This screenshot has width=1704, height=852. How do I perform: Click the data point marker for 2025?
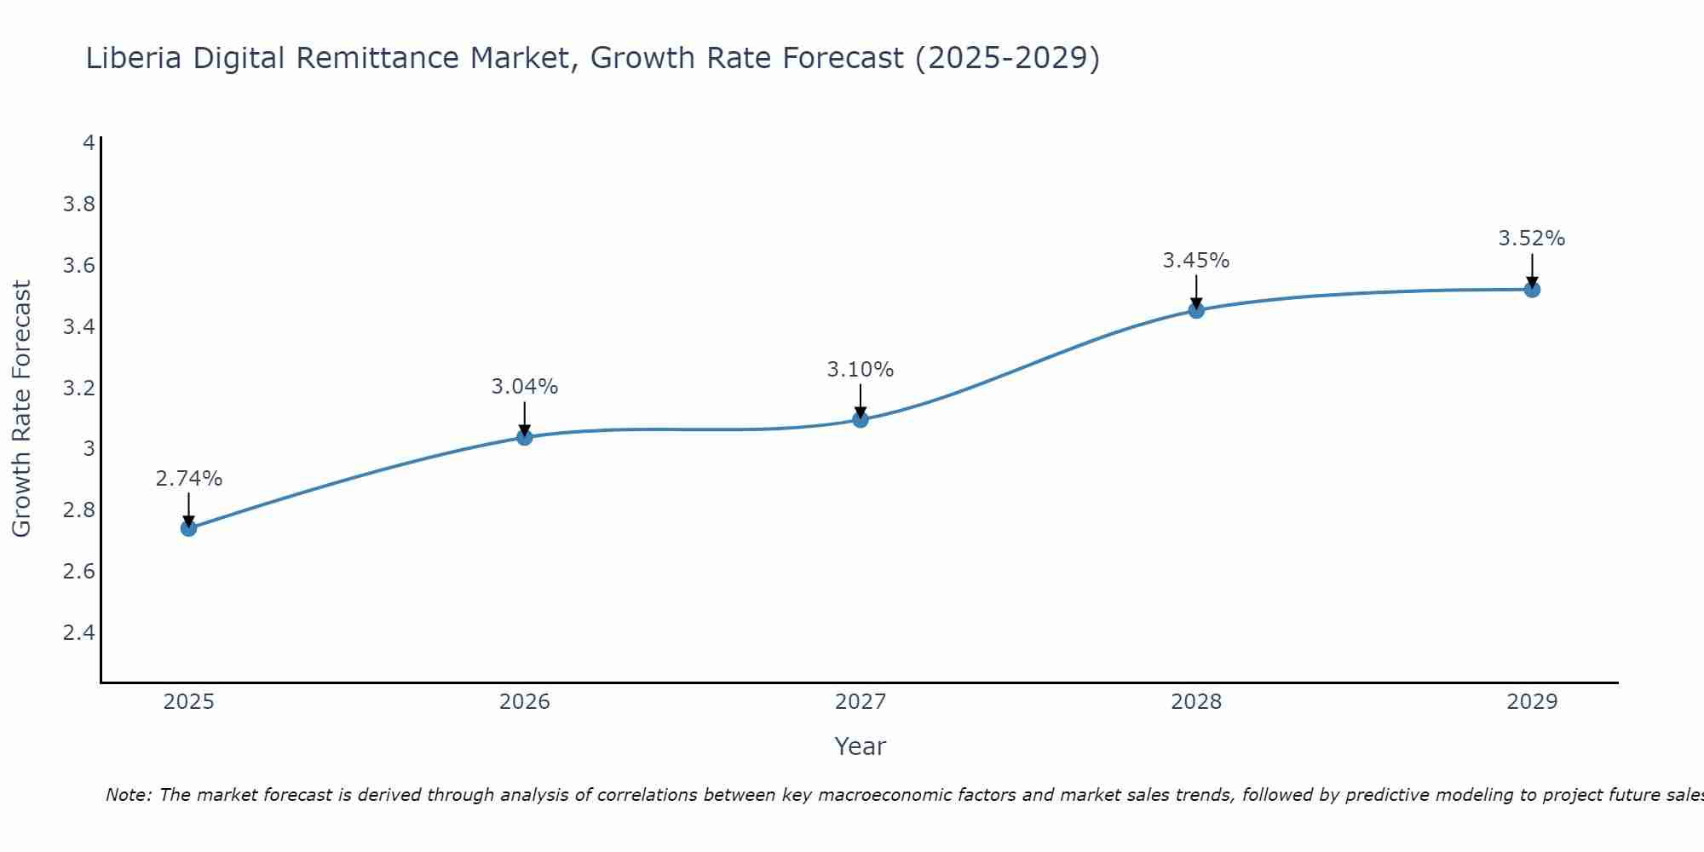coord(188,528)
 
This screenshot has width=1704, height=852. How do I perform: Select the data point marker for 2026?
coord(525,437)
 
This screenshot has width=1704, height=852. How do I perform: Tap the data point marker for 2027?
coord(861,419)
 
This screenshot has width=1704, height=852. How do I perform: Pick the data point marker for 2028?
coord(1196,310)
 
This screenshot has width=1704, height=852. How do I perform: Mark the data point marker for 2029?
coord(1532,290)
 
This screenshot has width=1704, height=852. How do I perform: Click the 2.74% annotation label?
coord(188,479)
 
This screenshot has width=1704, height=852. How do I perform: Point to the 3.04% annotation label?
coord(525,387)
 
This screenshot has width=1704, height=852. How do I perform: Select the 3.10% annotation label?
coord(861,370)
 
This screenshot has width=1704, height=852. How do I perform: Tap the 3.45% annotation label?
coord(1196,261)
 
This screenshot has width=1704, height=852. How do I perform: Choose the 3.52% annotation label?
coord(1532,239)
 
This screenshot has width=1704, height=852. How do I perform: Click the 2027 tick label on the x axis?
coord(861,702)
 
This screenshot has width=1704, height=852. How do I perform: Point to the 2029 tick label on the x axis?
coord(1532,702)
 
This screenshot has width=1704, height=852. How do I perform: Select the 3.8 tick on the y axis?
coord(78,204)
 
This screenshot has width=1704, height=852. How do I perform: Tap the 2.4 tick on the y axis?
coord(78,633)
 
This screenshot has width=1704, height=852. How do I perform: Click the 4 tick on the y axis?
coord(89,143)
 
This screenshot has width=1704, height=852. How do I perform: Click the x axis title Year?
coord(861,746)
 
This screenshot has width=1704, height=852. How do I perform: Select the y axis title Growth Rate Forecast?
coord(21,409)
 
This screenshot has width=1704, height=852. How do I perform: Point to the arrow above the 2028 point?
coord(1196,291)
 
